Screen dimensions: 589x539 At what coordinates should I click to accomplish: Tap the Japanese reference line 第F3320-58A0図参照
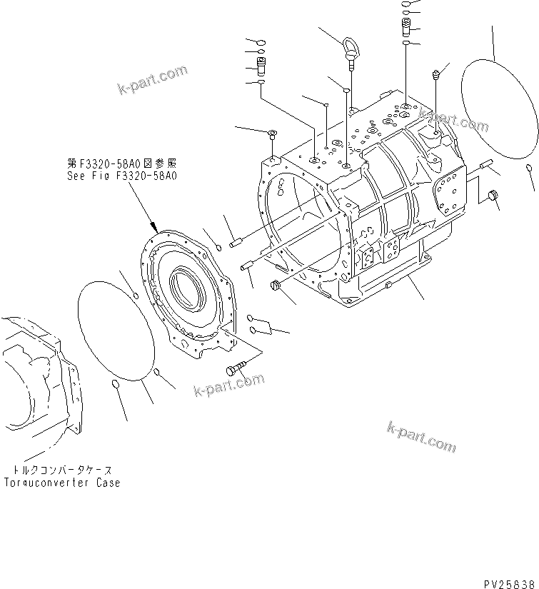(121, 162)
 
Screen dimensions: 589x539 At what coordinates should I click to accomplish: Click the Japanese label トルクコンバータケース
(62, 470)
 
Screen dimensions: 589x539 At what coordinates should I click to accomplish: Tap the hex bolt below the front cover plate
(235, 370)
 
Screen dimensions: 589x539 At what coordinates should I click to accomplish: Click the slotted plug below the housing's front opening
(274, 287)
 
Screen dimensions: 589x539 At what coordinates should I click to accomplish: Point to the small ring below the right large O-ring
(528, 168)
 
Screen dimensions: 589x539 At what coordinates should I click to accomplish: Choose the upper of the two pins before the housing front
(236, 243)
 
